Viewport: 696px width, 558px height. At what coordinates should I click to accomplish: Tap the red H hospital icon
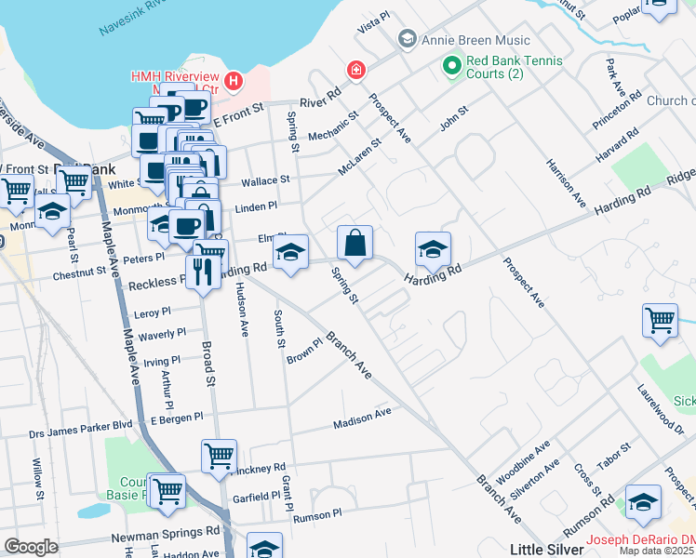click(233, 82)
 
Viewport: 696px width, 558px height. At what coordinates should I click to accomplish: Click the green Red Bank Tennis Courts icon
click(452, 65)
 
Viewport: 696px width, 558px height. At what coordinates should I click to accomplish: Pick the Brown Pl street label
click(303, 352)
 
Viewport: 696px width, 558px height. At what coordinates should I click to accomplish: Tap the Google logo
click(30, 547)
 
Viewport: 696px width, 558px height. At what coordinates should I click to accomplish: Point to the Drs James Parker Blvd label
click(80, 426)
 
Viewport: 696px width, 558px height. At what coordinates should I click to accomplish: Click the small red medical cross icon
click(355, 70)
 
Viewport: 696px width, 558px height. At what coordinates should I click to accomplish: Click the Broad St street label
click(208, 364)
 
